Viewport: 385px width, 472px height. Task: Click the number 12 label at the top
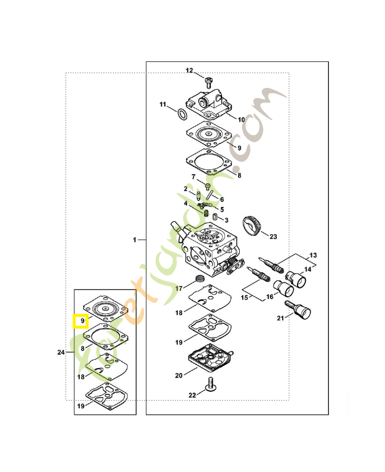pos(190,71)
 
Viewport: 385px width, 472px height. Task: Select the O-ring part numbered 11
pos(183,113)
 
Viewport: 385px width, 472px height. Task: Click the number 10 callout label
pos(241,119)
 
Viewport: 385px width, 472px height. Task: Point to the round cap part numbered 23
pos(252,226)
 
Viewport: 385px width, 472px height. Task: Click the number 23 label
pos(273,237)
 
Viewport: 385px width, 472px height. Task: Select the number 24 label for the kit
pos(61,352)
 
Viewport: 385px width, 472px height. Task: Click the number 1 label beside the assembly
pos(135,240)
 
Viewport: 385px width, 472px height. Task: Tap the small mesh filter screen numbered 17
pos(200,277)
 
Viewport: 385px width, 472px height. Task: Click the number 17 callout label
pos(179,289)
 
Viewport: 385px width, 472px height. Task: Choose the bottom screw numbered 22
pos(210,387)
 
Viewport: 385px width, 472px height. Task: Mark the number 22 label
pos(192,395)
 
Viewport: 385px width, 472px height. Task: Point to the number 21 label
pos(280,318)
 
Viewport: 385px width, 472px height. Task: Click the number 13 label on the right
pos(313,255)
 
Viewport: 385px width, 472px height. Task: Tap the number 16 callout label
pos(269,297)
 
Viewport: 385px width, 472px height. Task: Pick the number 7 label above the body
pos(192,176)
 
